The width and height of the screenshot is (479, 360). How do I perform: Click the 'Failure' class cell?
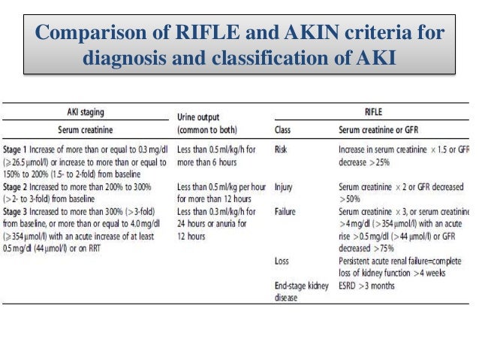(286, 212)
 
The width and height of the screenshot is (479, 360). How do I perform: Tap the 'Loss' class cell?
(282, 261)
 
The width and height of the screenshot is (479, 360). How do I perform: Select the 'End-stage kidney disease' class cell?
(300, 290)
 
